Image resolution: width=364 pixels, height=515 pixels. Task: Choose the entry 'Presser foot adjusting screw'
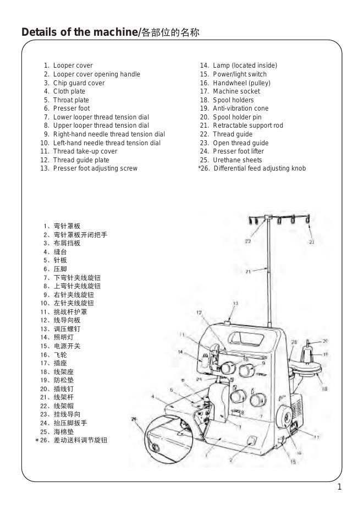[95, 168]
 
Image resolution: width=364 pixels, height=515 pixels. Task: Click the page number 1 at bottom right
[340, 486]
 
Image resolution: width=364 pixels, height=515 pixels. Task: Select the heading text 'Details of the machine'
[79, 32]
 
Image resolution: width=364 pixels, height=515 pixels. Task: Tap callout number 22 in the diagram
[248, 241]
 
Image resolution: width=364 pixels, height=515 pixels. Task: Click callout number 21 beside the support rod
[249, 271]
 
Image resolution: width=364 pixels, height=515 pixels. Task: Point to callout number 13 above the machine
[236, 303]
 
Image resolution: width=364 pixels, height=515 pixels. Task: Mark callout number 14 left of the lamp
[180, 352]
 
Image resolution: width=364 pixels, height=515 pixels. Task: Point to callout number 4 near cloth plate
[152, 396]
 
